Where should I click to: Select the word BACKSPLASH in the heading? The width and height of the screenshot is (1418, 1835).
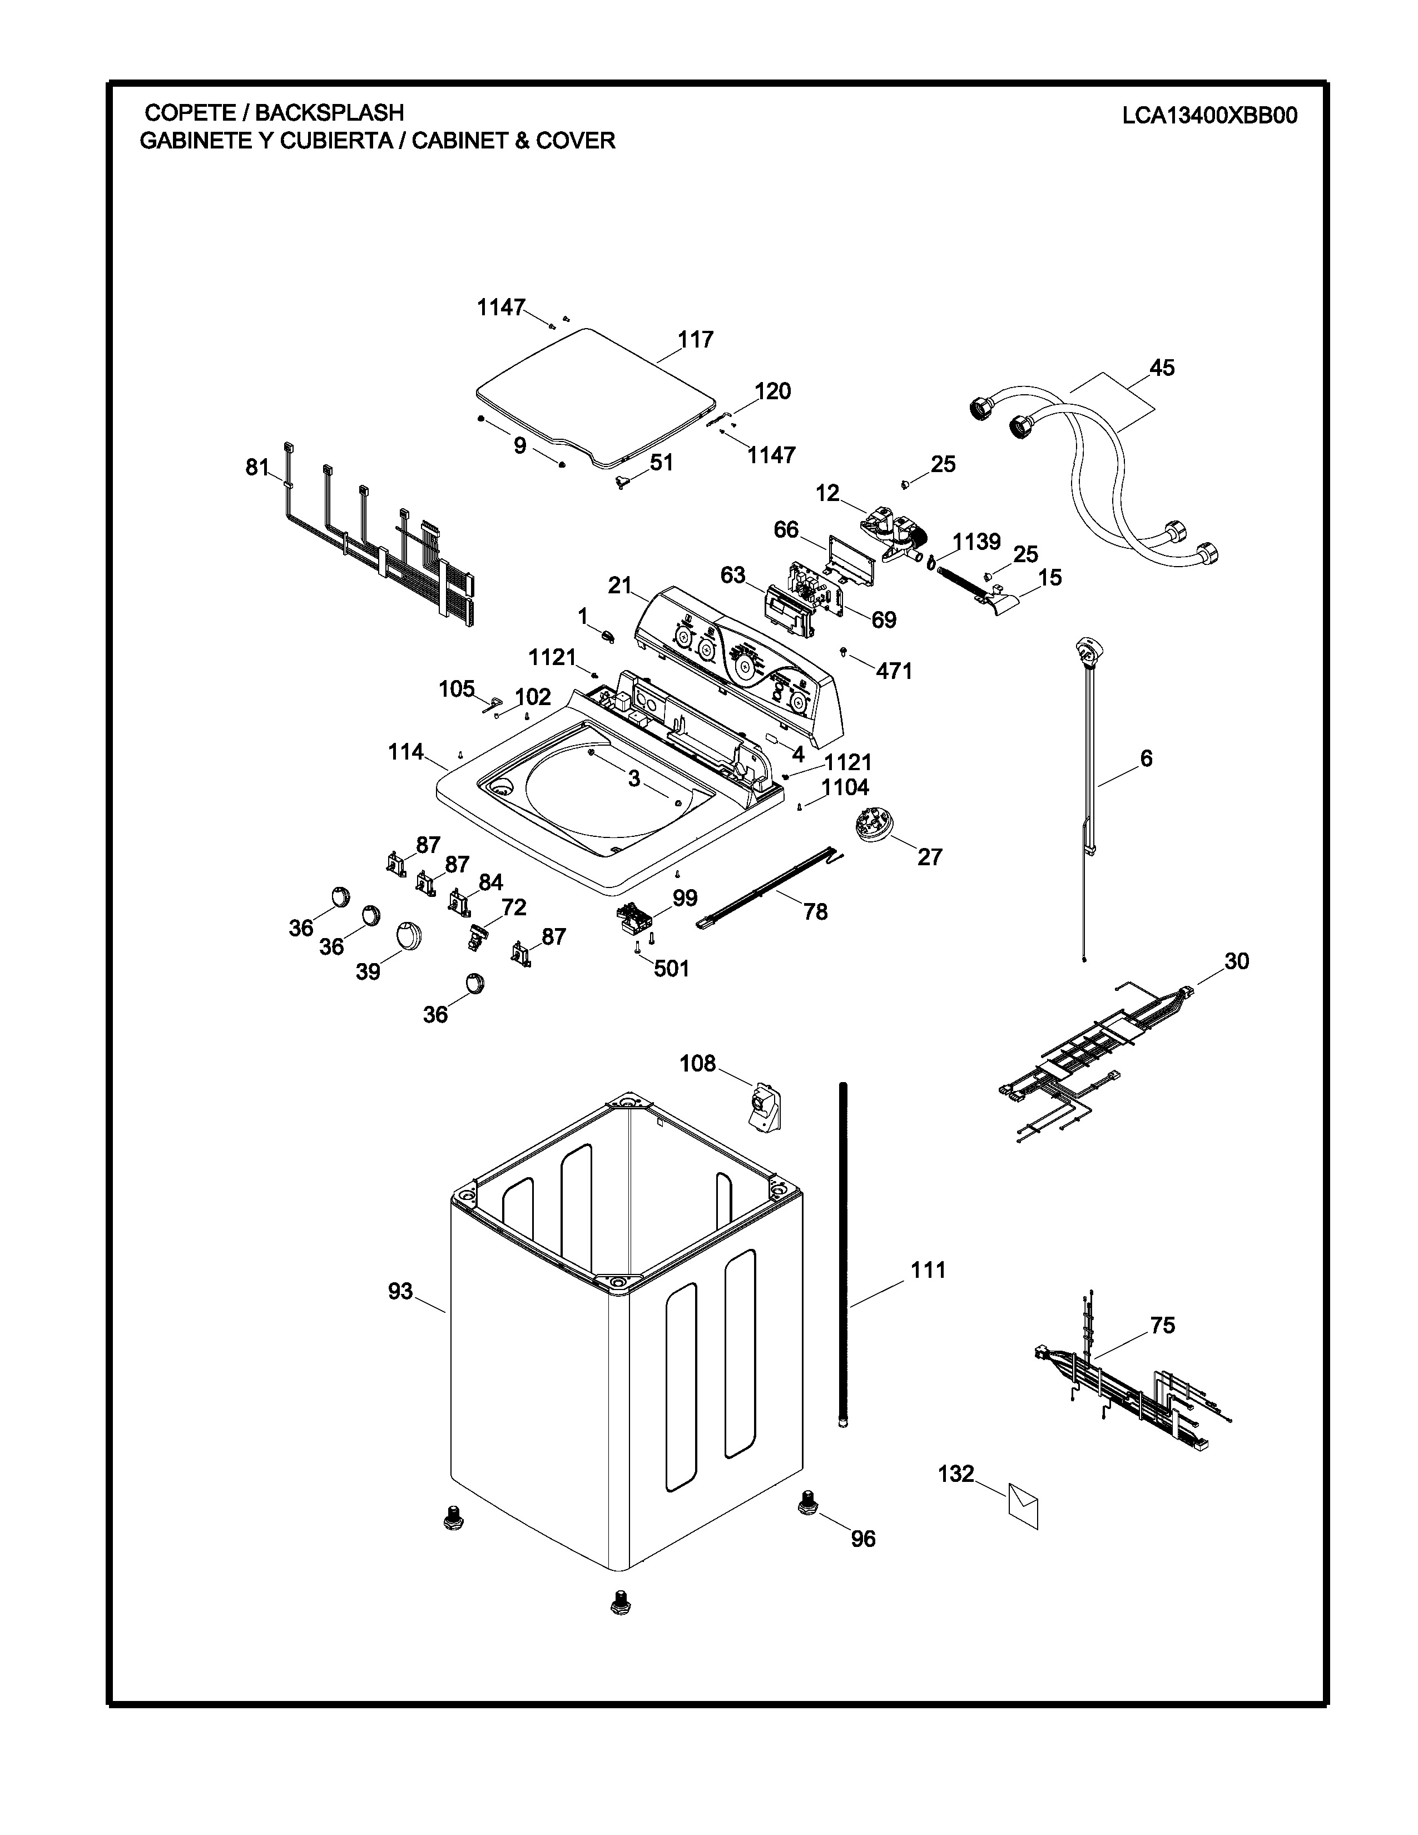click(329, 112)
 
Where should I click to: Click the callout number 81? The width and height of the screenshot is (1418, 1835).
click(257, 467)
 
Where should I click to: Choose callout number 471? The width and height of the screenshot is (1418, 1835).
click(894, 671)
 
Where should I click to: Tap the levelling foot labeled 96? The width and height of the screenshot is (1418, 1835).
click(807, 1500)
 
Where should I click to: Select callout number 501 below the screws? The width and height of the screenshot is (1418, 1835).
click(671, 969)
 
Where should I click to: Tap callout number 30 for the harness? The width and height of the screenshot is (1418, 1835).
click(1237, 960)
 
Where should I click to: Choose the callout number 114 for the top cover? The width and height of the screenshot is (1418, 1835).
click(406, 752)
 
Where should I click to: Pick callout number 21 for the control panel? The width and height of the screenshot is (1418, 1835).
click(620, 586)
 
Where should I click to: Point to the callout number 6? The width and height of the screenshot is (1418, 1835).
click(1146, 758)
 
